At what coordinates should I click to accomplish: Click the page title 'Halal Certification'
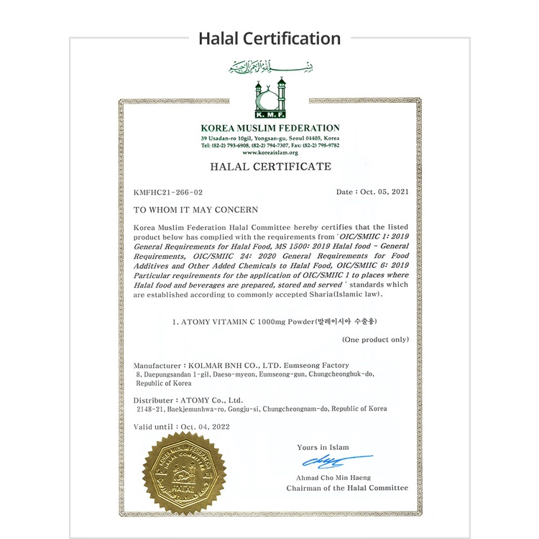[269, 38]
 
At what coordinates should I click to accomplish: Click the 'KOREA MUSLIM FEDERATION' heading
[270, 128]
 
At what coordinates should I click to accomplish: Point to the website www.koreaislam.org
[269, 152]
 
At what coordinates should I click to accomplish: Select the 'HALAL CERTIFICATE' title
[270, 167]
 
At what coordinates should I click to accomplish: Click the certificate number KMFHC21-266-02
[168, 193]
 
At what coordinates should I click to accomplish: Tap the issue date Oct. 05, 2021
[382, 193]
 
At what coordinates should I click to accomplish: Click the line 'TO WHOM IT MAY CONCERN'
[185, 210]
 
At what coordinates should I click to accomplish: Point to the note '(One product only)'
[375, 339]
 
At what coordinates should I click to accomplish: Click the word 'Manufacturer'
[158, 366]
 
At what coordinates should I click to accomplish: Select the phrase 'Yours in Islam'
[323, 447]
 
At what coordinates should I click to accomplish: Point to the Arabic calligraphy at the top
[270, 67]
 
